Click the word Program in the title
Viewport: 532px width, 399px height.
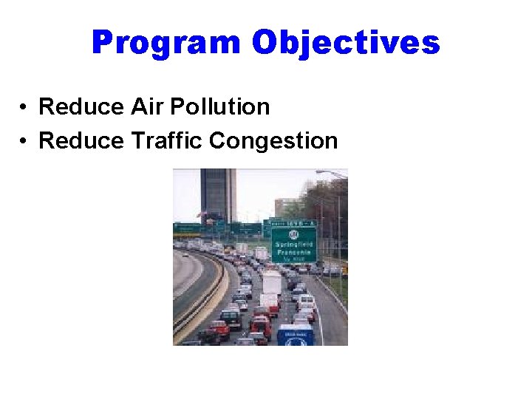coord(166,43)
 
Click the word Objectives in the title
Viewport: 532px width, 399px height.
coord(345,43)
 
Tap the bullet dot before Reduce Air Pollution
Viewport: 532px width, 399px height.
coord(24,108)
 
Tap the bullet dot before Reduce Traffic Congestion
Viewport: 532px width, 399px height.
coord(24,140)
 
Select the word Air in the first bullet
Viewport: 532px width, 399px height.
coord(146,107)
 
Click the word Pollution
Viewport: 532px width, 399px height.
coord(219,107)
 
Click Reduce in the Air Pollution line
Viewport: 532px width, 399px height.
coord(81,107)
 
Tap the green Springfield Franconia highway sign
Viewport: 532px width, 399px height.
coord(293,245)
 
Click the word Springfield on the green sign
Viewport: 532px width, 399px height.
coord(293,243)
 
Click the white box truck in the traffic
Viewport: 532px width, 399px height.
coord(271,282)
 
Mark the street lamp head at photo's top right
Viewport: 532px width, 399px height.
coord(322,174)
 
